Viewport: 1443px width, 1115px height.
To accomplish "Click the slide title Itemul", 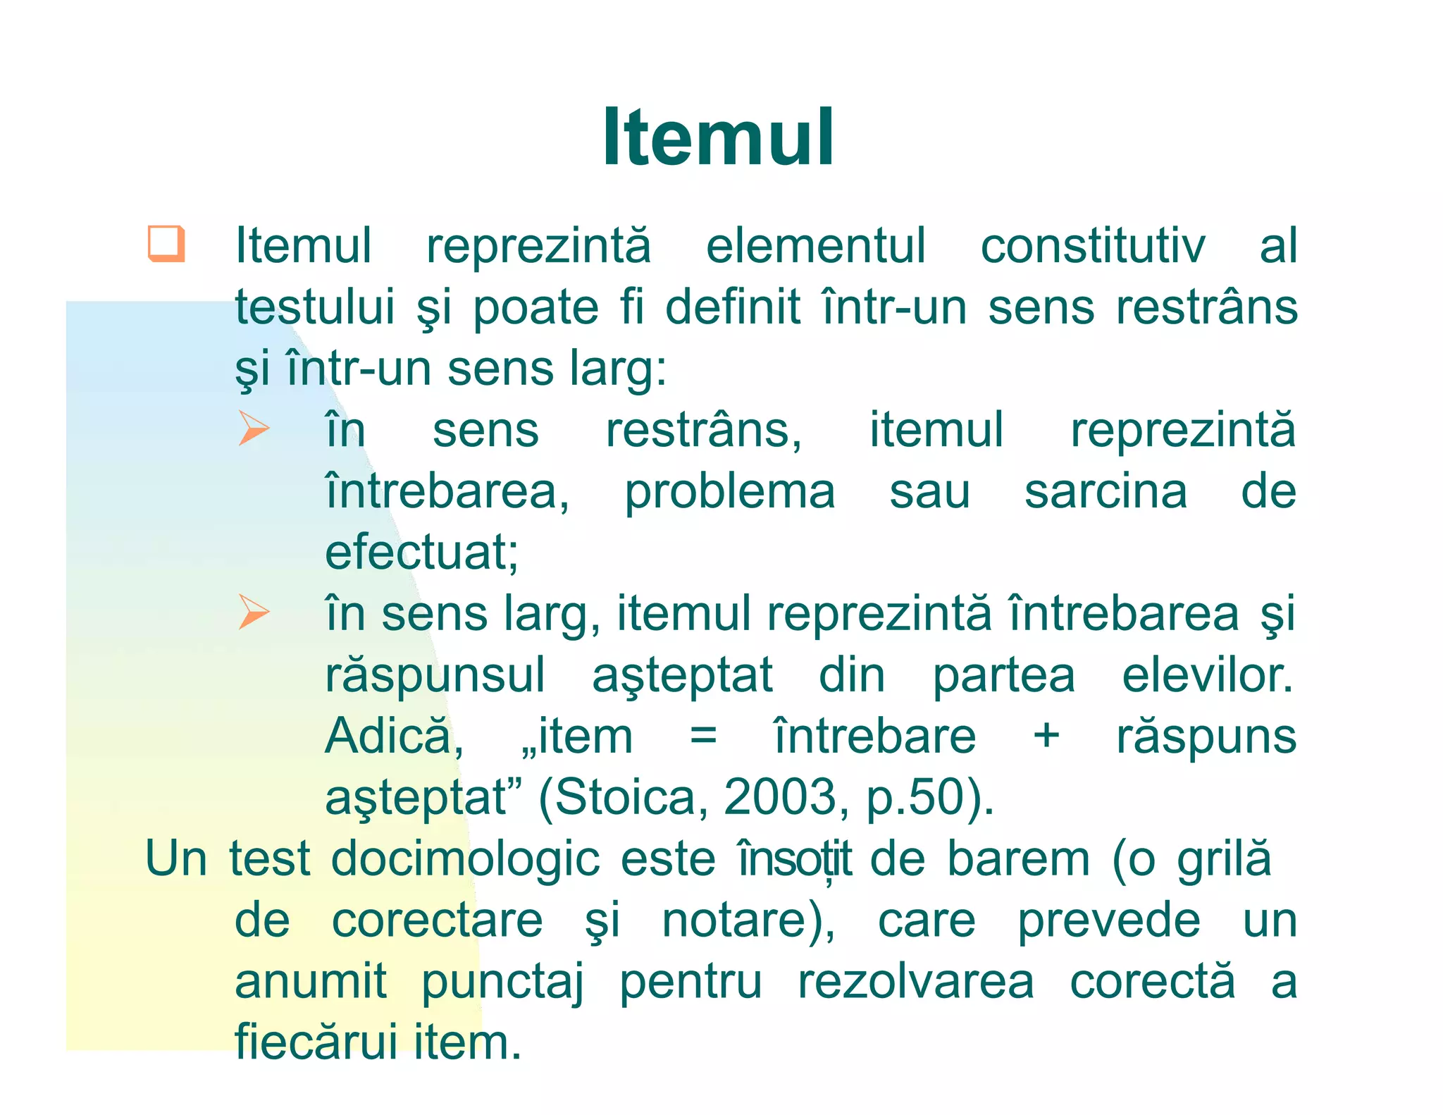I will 718,137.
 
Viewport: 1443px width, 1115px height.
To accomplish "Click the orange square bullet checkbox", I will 166,244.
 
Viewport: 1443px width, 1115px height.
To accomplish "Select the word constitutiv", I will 1093,247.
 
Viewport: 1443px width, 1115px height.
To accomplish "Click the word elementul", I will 815,247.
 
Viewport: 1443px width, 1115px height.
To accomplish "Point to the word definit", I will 733,308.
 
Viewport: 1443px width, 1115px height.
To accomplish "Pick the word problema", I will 730,492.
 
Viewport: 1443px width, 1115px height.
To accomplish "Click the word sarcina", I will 1106,492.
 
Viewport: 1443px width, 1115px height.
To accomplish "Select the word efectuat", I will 420,553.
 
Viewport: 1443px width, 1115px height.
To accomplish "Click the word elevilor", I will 1207,675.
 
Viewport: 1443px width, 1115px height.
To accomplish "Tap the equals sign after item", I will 703,737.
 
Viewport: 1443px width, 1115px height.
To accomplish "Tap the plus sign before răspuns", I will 1046,737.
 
